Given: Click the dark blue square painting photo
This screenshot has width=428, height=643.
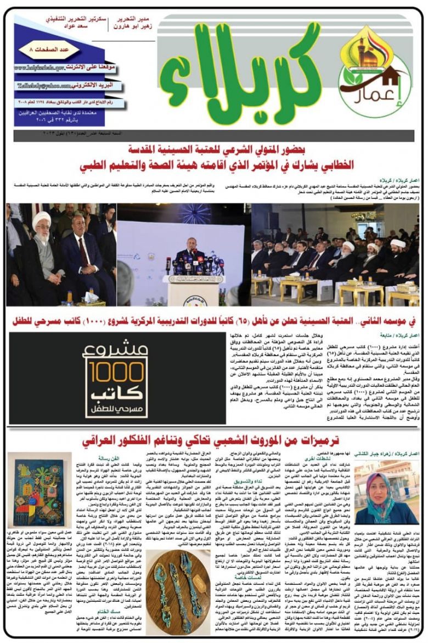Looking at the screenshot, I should click(x=42, y=490).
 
